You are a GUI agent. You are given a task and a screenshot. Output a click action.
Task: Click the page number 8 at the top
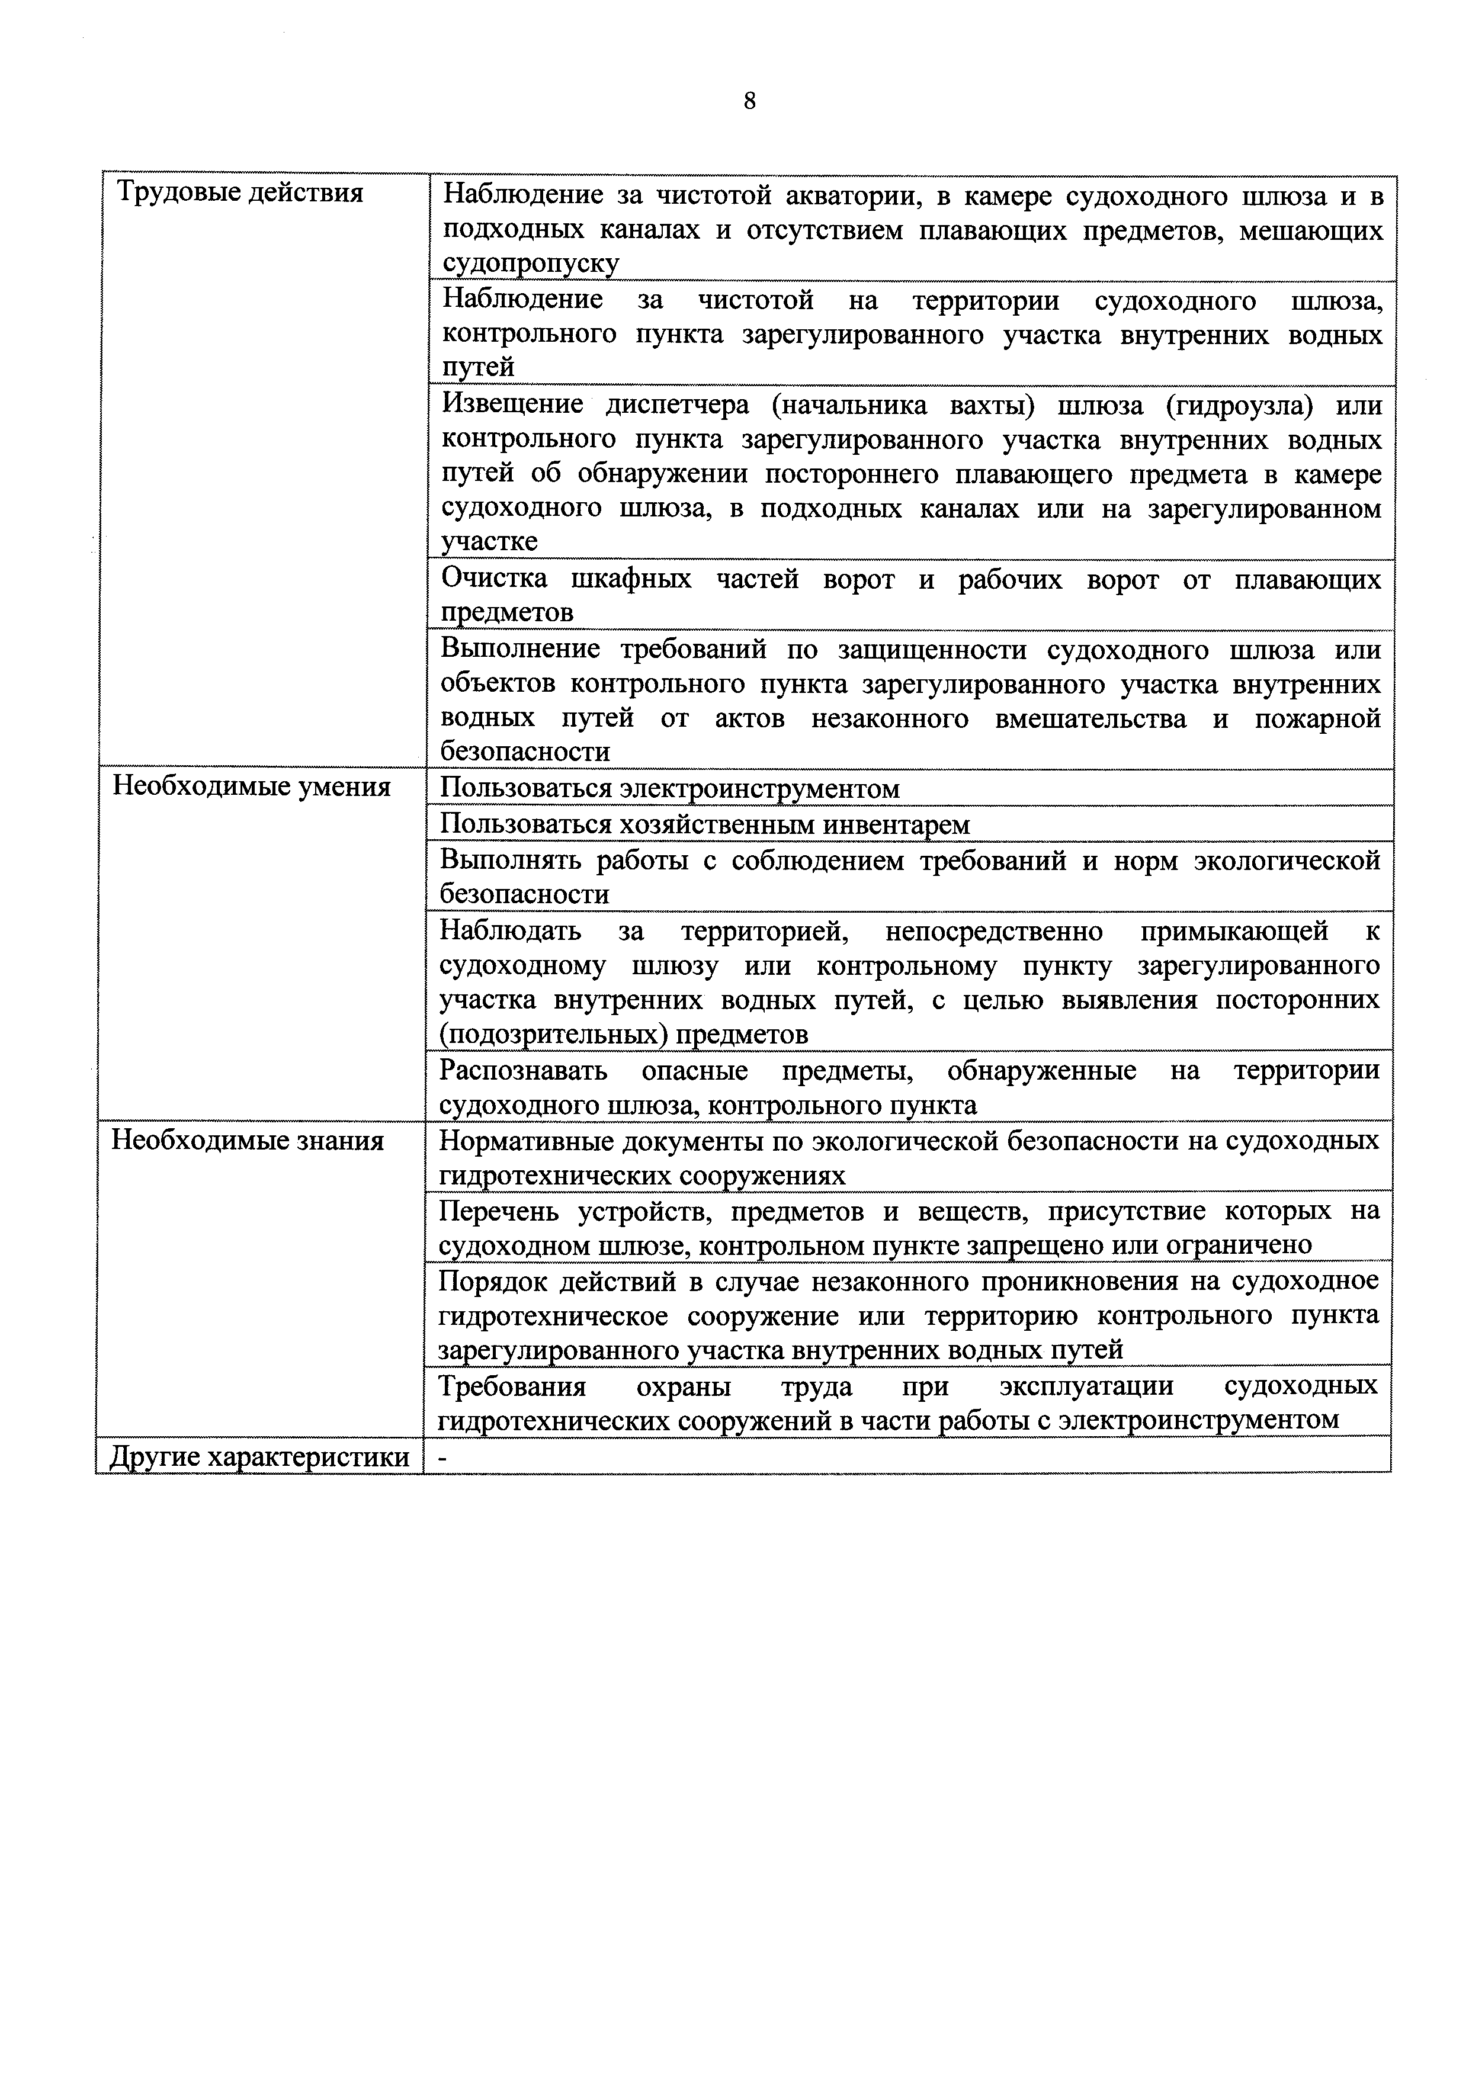tap(749, 101)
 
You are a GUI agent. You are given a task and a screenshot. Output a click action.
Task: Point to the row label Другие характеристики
tap(259, 1458)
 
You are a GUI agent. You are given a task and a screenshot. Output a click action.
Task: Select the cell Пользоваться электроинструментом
tap(669, 789)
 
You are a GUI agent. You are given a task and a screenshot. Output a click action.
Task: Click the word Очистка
tap(494, 579)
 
